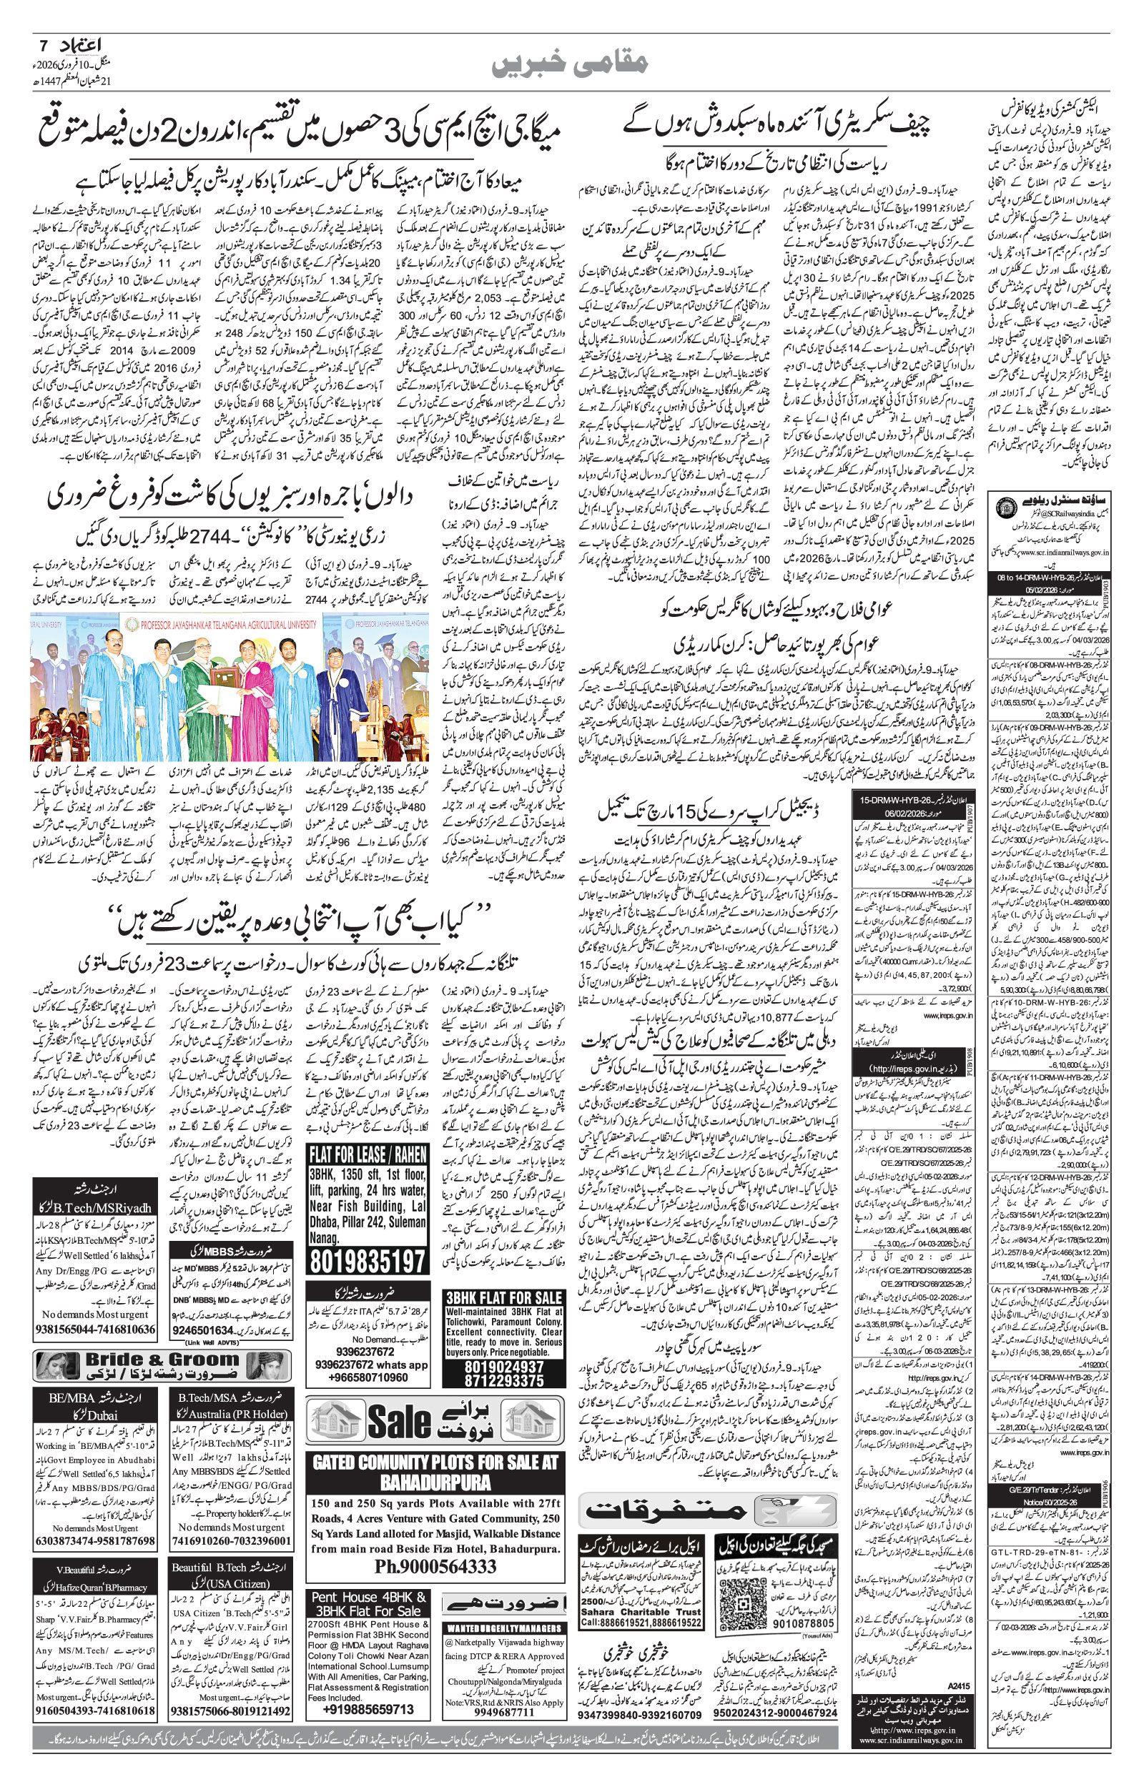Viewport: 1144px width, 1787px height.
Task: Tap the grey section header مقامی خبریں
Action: pos(571,64)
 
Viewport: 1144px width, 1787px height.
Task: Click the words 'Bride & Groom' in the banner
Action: pos(162,1360)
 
